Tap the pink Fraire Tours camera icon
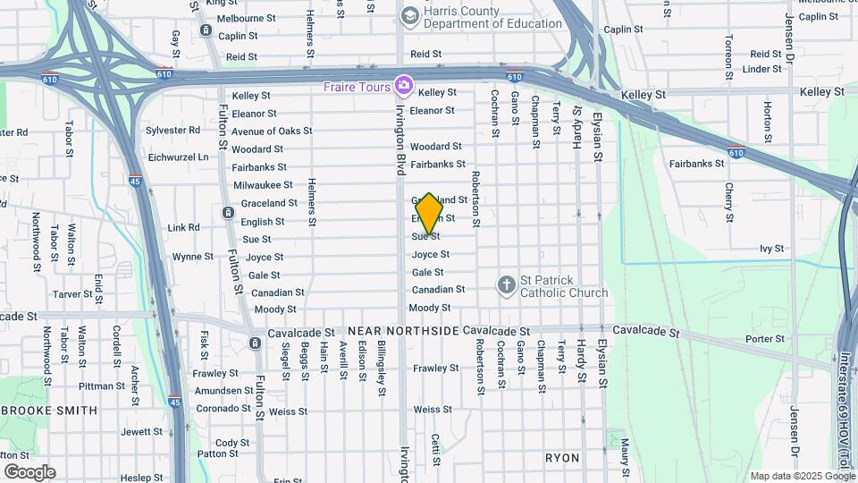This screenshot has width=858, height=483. click(x=404, y=86)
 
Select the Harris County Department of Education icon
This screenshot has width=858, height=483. click(x=409, y=15)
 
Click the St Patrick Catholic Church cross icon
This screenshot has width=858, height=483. click(x=507, y=285)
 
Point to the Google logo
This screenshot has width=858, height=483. click(x=29, y=471)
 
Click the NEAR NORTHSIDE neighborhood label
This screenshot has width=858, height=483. click(x=409, y=331)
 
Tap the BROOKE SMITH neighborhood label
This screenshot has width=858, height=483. click(x=48, y=411)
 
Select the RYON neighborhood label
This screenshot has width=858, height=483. click(x=563, y=458)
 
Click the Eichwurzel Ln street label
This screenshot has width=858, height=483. click(x=178, y=157)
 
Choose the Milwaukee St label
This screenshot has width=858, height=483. click(x=263, y=185)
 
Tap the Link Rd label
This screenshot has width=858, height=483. click(x=183, y=228)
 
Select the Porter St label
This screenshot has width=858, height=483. click(x=764, y=339)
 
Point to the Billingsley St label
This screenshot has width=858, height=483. click(x=382, y=368)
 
